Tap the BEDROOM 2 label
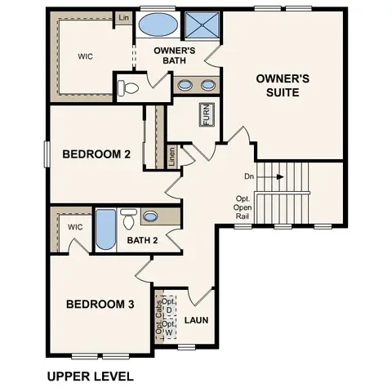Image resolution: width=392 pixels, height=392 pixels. (96, 154)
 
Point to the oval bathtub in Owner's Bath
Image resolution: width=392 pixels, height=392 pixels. (156, 24)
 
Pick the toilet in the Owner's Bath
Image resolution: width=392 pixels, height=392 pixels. (128, 87)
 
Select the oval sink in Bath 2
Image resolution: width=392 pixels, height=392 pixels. (151, 217)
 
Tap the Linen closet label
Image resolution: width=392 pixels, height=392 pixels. (171, 157)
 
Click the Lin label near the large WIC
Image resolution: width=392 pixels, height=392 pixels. (123, 17)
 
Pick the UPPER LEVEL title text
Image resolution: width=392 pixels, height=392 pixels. (89, 376)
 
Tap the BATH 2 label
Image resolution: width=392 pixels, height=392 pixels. (142, 240)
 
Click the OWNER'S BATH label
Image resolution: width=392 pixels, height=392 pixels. (176, 55)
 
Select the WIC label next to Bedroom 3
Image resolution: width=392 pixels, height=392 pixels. (76, 227)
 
